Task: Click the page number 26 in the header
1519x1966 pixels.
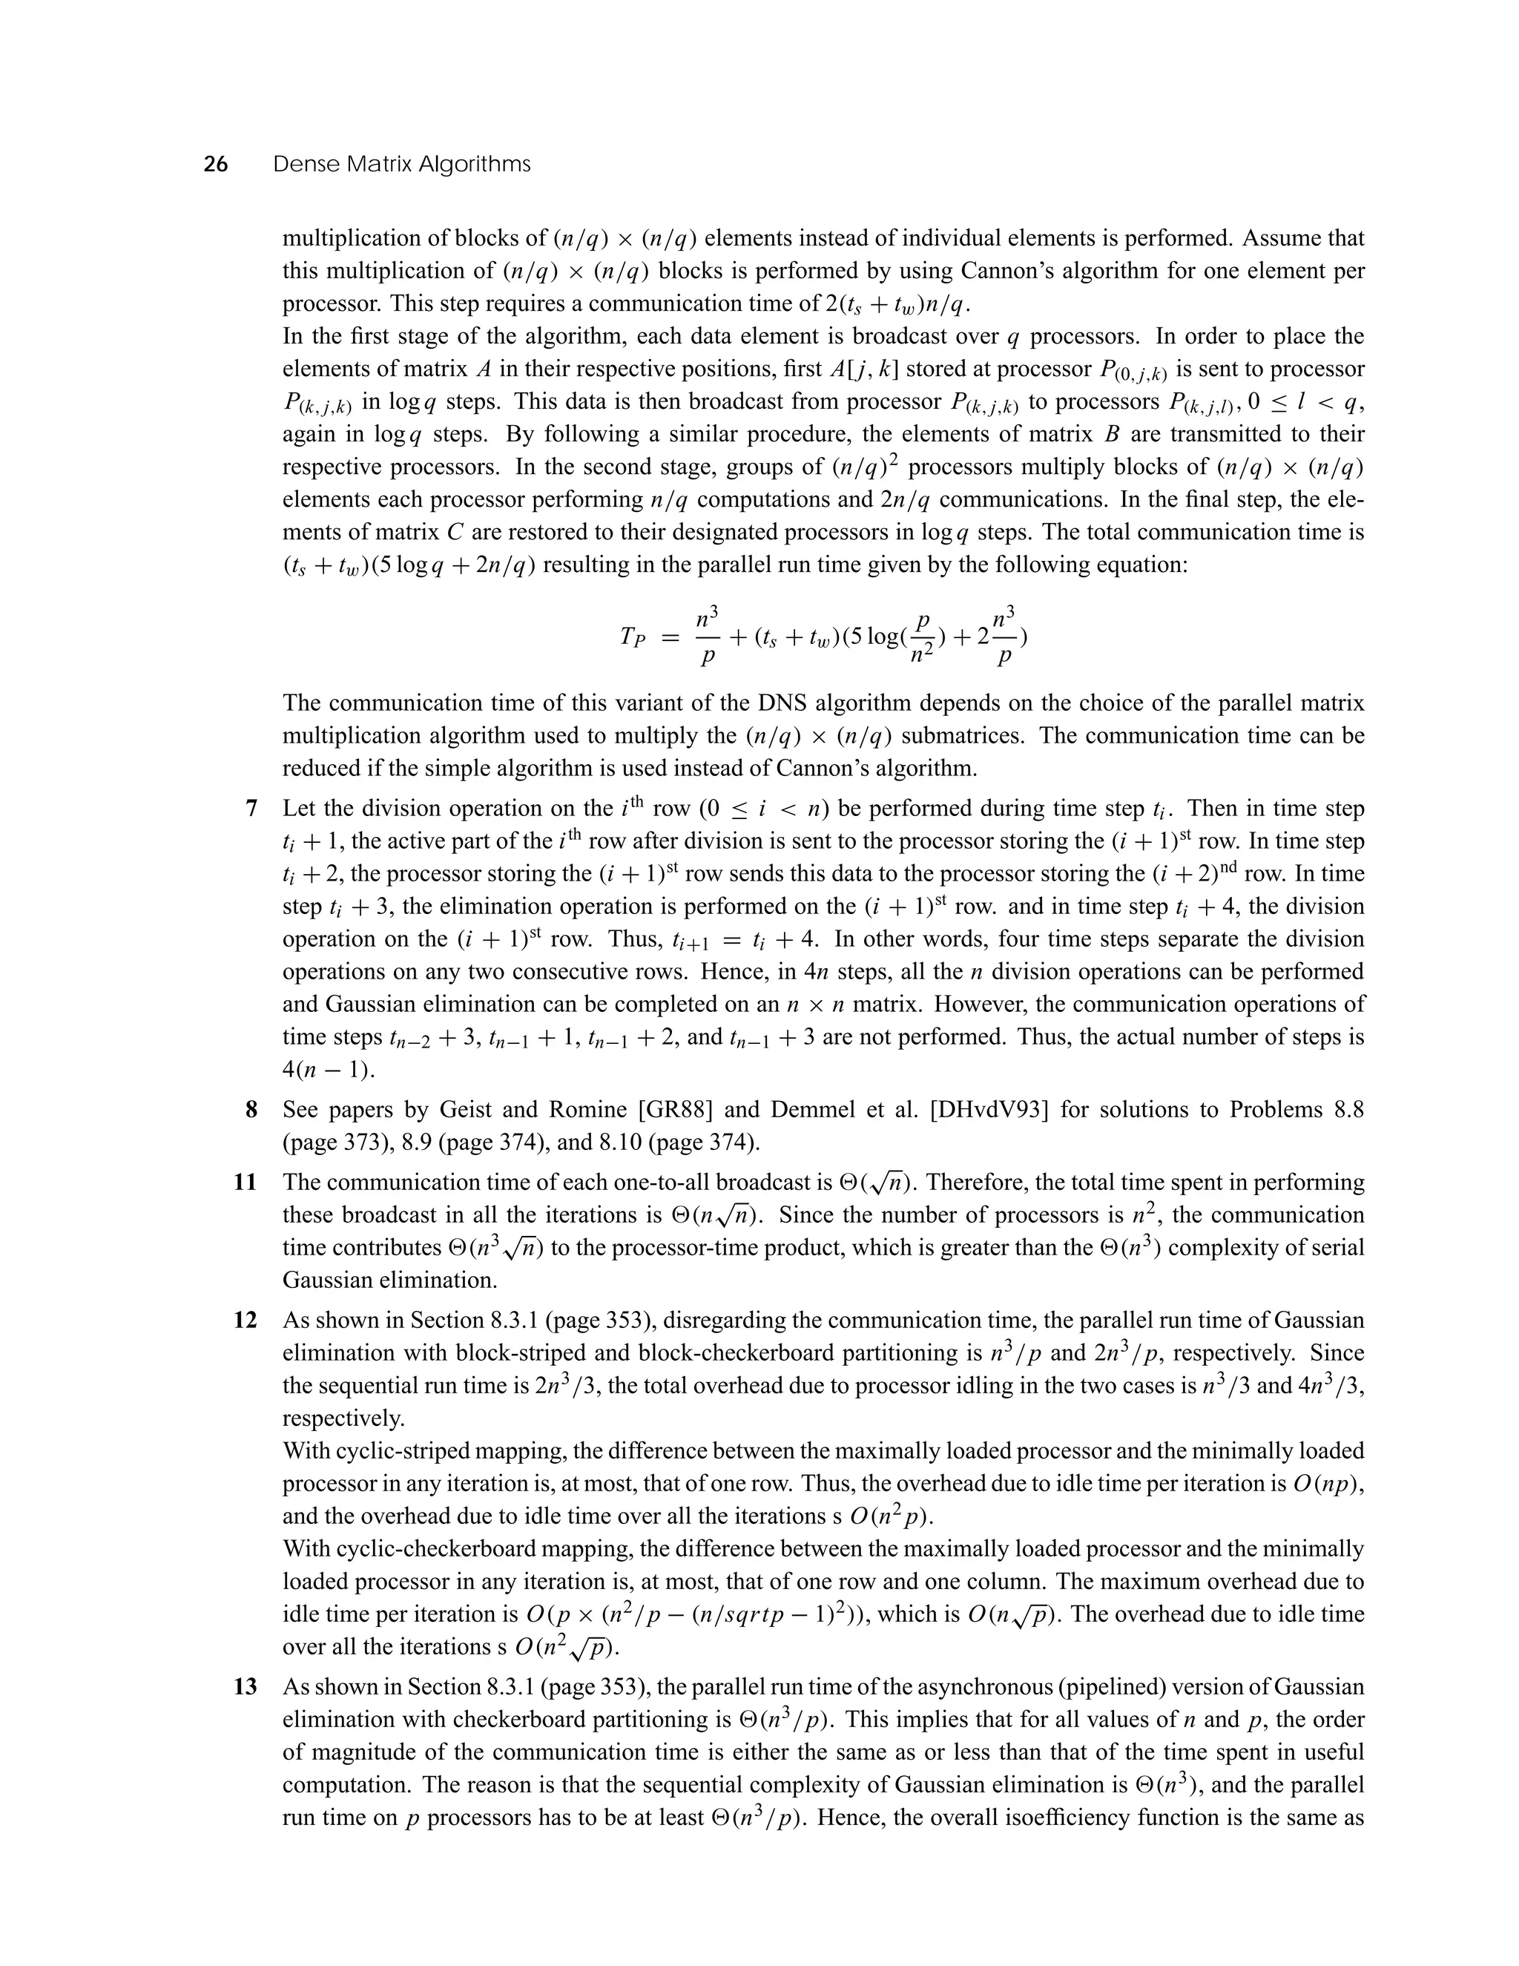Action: tap(215, 165)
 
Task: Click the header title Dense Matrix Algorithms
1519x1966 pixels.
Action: tap(401, 165)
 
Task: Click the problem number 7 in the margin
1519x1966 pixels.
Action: tap(252, 809)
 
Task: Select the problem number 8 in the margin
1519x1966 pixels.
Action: tap(252, 1110)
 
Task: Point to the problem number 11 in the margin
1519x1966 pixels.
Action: tap(246, 1183)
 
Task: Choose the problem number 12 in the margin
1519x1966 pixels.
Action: tap(246, 1321)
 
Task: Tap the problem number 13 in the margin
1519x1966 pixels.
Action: tap(246, 1687)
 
